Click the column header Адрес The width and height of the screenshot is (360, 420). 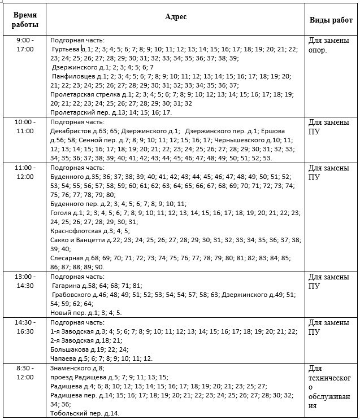175,17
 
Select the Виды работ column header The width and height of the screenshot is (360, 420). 332,20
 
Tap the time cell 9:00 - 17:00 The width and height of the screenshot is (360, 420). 25,45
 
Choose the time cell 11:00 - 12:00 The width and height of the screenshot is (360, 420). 25,172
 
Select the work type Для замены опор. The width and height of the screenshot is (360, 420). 325,45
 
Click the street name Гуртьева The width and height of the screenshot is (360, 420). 66,50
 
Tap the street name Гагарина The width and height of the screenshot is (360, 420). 66,286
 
